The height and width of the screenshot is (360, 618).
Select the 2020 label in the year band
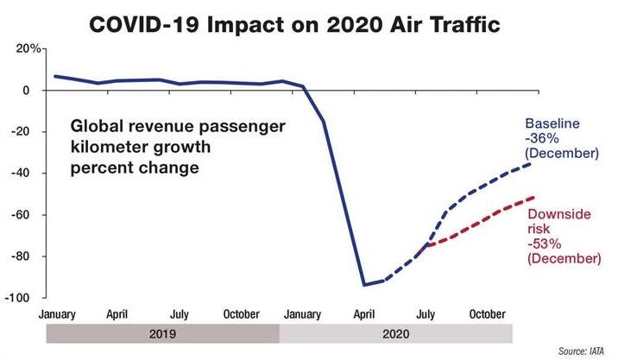[x=395, y=334]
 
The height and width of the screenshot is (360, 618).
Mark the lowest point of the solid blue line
[x=364, y=285]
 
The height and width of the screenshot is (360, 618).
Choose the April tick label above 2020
[x=364, y=314]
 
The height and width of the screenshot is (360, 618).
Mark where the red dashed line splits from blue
[x=425, y=245]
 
